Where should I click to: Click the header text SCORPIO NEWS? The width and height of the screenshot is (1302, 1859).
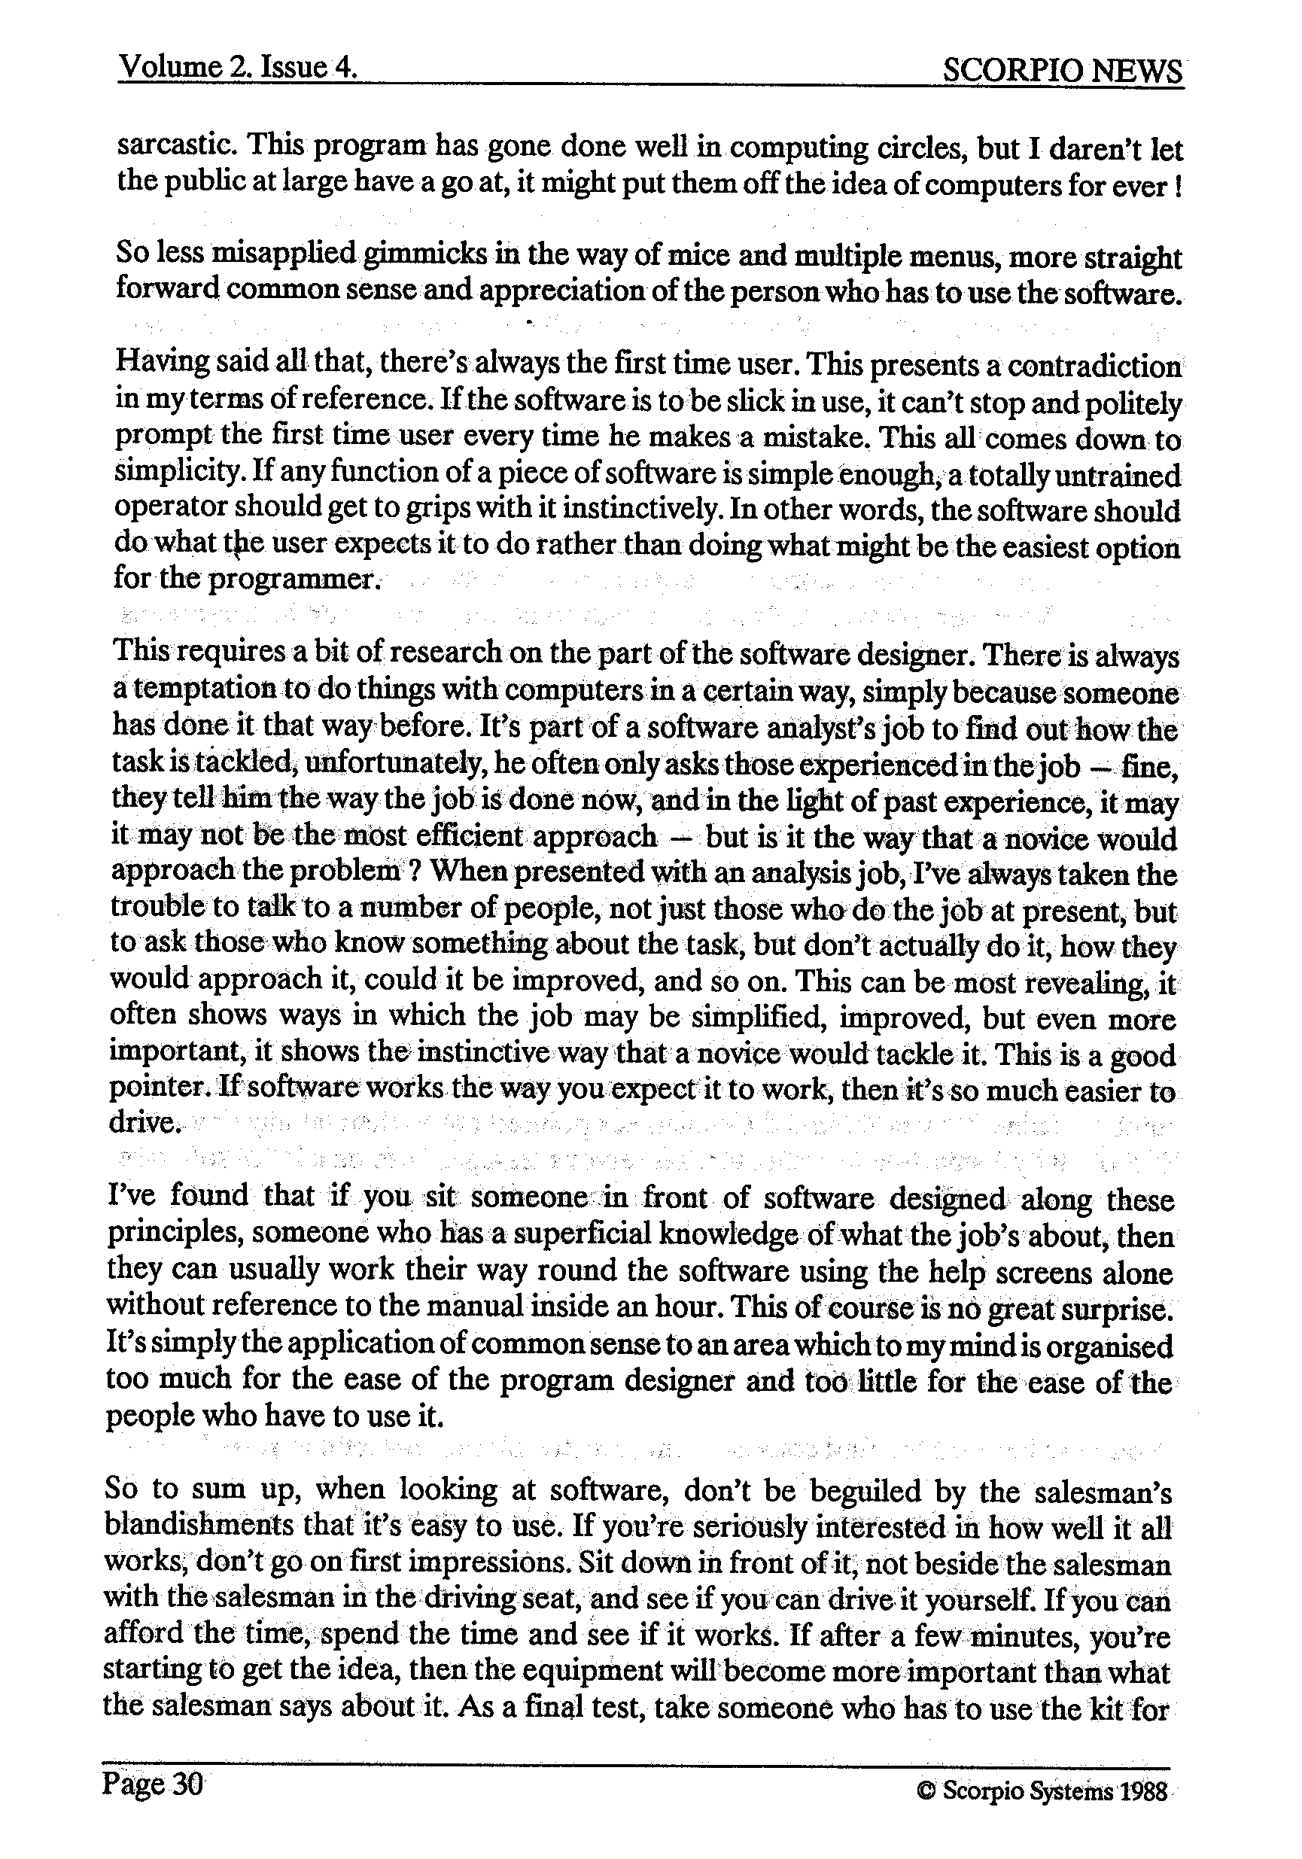tap(1061, 71)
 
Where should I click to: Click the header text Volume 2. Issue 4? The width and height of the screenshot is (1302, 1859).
tap(237, 66)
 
